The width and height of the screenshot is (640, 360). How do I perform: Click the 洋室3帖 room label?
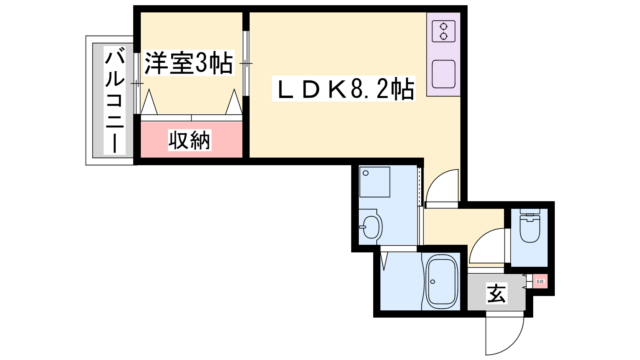pos(188,63)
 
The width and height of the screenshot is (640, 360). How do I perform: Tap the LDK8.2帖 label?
pos(344,89)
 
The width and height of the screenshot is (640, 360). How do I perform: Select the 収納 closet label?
pos(190,140)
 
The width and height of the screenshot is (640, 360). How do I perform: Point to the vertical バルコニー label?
pos(114,100)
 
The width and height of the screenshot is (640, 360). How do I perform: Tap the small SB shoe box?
pos(540,282)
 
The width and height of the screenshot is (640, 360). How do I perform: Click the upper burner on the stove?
pos(444,26)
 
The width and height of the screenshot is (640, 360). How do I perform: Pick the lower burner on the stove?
pos(444,36)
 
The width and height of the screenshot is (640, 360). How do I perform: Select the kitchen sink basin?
pos(444,74)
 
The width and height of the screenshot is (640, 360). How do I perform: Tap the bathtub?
pos(442,282)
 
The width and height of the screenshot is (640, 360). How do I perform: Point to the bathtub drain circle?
pos(432,282)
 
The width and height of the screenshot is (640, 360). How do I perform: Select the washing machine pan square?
pos(375,182)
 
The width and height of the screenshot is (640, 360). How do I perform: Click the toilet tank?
pos(530,212)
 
